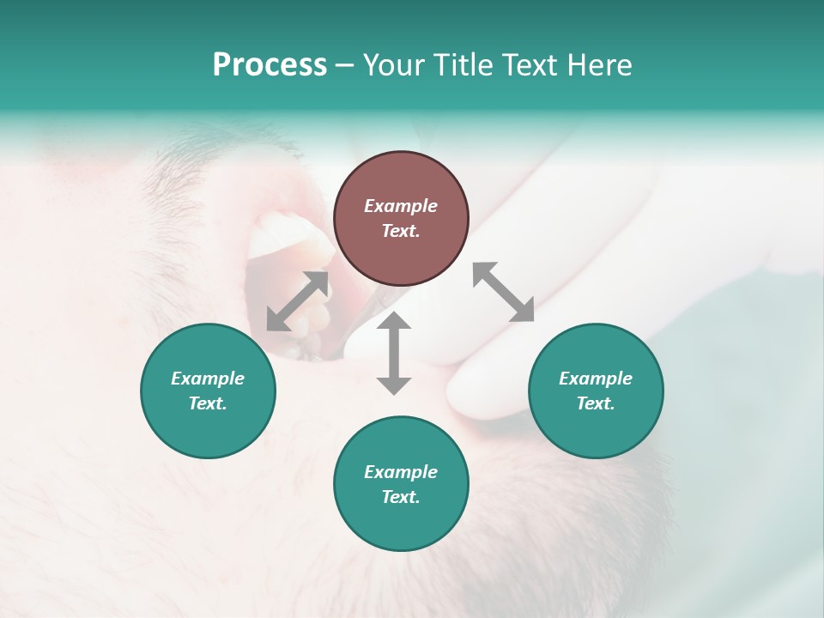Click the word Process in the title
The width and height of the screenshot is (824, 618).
(270, 65)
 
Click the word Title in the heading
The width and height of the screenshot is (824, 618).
(462, 65)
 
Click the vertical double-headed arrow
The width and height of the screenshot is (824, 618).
(394, 353)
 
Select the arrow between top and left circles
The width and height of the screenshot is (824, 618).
(297, 301)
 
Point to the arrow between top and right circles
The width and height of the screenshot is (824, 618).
(504, 292)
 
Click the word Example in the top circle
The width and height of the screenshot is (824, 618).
(401, 206)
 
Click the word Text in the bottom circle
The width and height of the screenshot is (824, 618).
(401, 497)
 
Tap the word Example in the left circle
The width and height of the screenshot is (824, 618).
(208, 379)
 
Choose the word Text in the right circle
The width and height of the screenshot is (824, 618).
(596, 403)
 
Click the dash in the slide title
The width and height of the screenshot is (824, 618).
(344, 66)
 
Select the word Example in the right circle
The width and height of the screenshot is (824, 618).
(596, 379)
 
